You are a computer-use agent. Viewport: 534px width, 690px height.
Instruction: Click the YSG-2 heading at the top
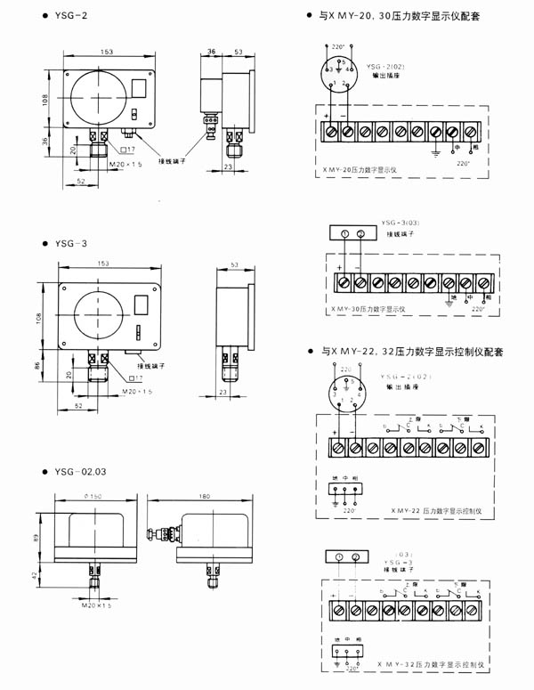[x=71, y=17]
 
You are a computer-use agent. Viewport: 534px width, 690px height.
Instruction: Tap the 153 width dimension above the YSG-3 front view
[x=106, y=264]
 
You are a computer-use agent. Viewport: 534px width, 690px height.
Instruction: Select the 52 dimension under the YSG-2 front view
[x=81, y=181]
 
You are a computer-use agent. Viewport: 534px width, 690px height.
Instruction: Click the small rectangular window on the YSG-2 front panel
[x=140, y=87]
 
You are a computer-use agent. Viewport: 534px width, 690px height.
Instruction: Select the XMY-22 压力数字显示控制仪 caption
[x=435, y=512]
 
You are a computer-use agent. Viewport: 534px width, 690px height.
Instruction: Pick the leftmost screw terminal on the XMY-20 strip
[x=331, y=131]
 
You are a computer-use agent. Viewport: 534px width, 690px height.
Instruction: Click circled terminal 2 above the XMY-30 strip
[x=361, y=234]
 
